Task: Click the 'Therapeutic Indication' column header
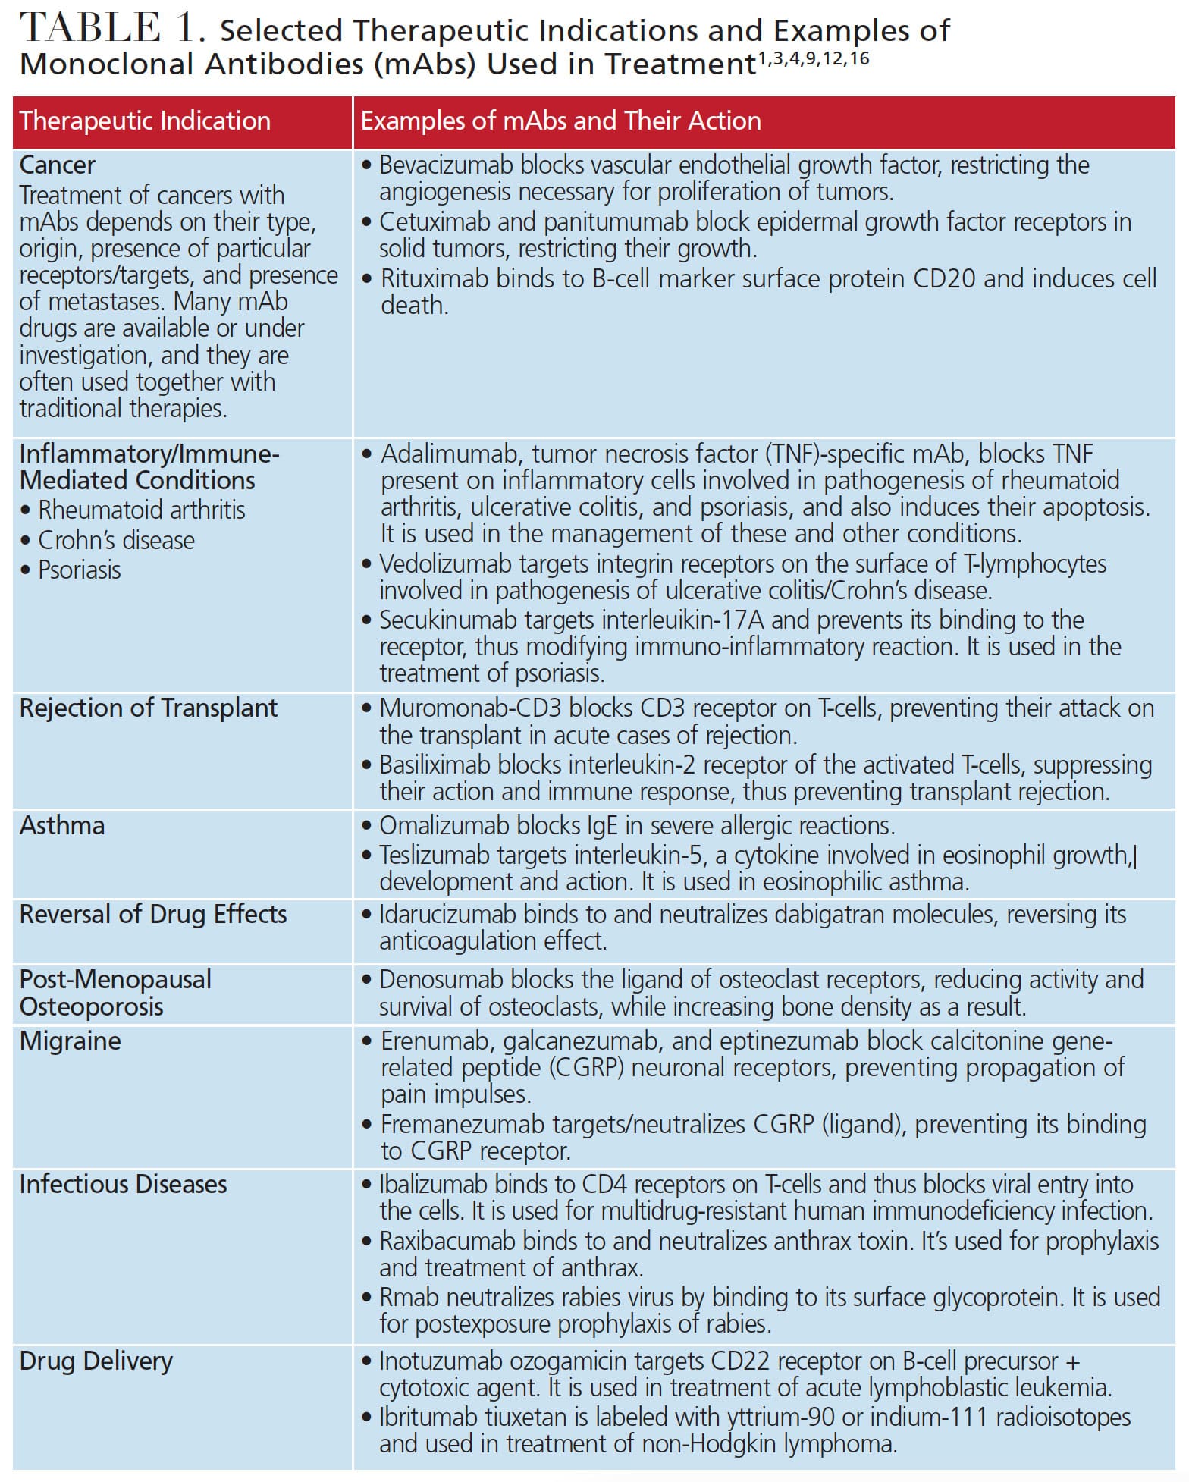[145, 121]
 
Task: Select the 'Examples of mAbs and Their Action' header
[560, 121]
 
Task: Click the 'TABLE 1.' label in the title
[112, 30]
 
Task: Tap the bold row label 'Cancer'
[58, 165]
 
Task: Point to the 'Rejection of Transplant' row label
[149, 708]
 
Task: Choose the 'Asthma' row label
[62, 826]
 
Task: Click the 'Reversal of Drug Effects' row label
[153, 915]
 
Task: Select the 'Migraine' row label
[70, 1041]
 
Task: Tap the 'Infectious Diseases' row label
[123, 1185]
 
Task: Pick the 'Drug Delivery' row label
[96, 1361]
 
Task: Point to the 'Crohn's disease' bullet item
[116, 541]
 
